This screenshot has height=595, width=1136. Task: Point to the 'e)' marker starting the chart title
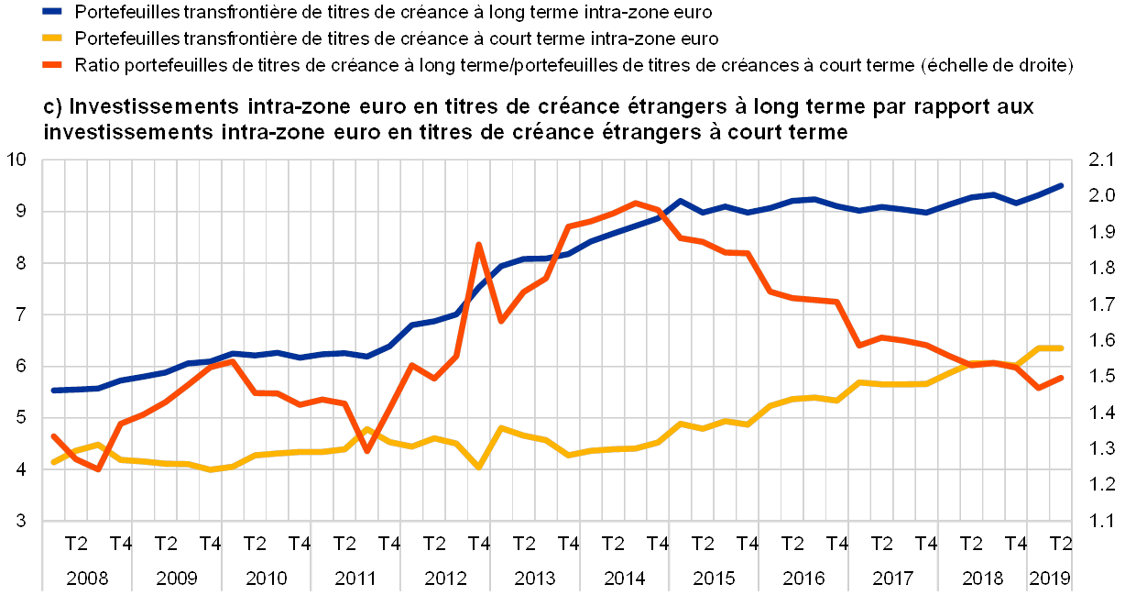point(52,107)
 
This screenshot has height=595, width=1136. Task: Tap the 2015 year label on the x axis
point(713,578)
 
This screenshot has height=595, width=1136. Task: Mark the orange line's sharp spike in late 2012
point(478,244)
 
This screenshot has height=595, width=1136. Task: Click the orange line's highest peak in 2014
point(636,202)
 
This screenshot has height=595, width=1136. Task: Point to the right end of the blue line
point(1062,185)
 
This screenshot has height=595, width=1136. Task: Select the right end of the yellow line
point(1062,348)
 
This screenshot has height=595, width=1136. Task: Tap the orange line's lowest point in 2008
point(97,470)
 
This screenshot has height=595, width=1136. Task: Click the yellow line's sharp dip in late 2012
point(478,468)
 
